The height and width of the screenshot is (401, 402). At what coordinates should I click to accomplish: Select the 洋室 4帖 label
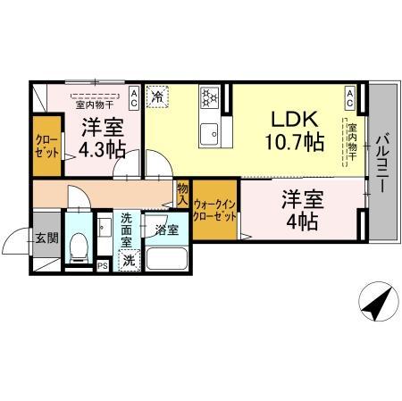coord(302,212)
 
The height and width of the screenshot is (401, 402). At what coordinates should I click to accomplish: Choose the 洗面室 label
coord(127,230)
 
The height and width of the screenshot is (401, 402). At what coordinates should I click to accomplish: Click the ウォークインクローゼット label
coord(215,211)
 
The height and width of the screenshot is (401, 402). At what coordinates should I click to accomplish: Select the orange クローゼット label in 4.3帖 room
coord(44,145)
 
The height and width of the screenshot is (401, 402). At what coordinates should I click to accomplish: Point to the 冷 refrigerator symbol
coord(157,95)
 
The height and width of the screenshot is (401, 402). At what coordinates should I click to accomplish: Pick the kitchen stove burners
coord(210,96)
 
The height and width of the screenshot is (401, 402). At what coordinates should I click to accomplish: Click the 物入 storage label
coord(182,194)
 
